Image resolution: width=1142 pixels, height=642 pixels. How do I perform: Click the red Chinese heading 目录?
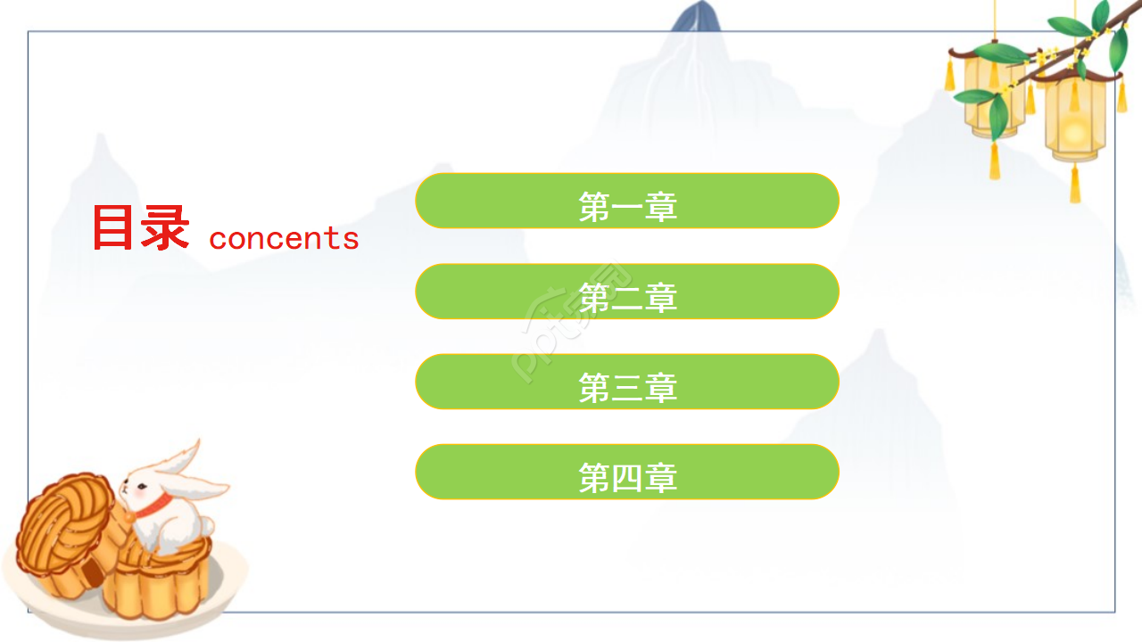[x=140, y=228]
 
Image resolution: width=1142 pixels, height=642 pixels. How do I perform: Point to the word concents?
[x=284, y=238]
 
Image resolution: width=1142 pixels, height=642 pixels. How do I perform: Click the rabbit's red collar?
[x=154, y=504]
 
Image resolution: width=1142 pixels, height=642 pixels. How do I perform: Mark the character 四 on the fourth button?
[x=627, y=478]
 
